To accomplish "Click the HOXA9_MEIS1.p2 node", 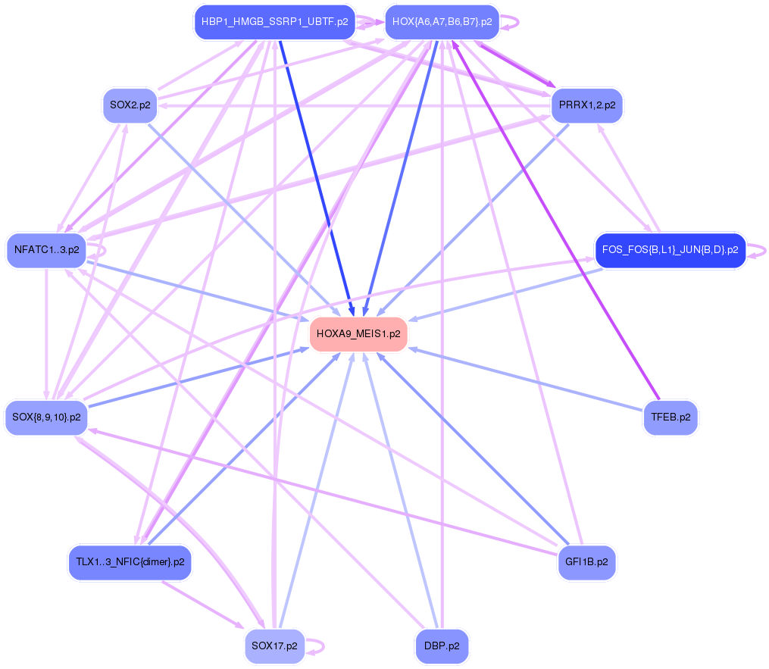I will point(358,334).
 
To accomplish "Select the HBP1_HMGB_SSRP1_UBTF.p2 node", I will point(274,22).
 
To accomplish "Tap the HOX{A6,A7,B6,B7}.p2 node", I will point(442,22).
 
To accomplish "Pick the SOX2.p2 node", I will point(130,105).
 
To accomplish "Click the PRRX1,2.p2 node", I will point(586,105).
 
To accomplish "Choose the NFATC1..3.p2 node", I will point(46,250).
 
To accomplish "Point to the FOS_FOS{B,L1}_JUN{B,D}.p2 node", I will point(670,250).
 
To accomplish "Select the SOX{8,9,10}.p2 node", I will point(46,417).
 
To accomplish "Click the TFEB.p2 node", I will point(670,417).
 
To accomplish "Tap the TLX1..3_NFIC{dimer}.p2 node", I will point(130,563).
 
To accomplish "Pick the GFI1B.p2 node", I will point(586,563).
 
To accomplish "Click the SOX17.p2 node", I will point(274,646).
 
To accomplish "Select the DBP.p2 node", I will point(442,646).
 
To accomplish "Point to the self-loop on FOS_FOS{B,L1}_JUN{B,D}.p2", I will point(764,250).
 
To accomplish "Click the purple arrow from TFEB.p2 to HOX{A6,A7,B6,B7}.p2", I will point(557,220).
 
